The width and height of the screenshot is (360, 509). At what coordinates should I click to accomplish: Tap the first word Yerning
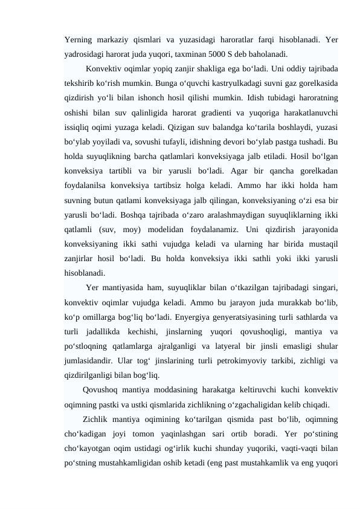click(80, 41)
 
